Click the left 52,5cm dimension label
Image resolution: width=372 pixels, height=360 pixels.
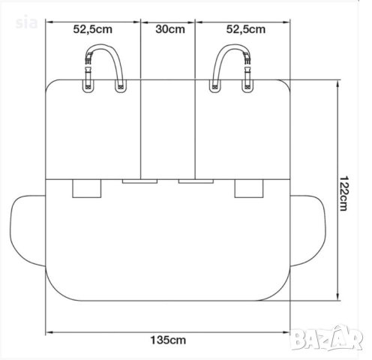(93, 29)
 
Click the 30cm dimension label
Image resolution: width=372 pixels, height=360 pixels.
(170, 29)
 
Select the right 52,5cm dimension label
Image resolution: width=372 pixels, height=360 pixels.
(246, 29)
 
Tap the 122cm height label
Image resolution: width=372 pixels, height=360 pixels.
(343, 193)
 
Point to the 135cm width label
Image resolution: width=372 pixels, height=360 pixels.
(168, 340)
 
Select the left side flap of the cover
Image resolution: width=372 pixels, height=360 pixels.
(28, 230)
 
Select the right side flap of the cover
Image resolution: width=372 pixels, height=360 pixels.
(308, 230)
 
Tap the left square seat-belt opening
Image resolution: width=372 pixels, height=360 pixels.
(87, 188)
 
